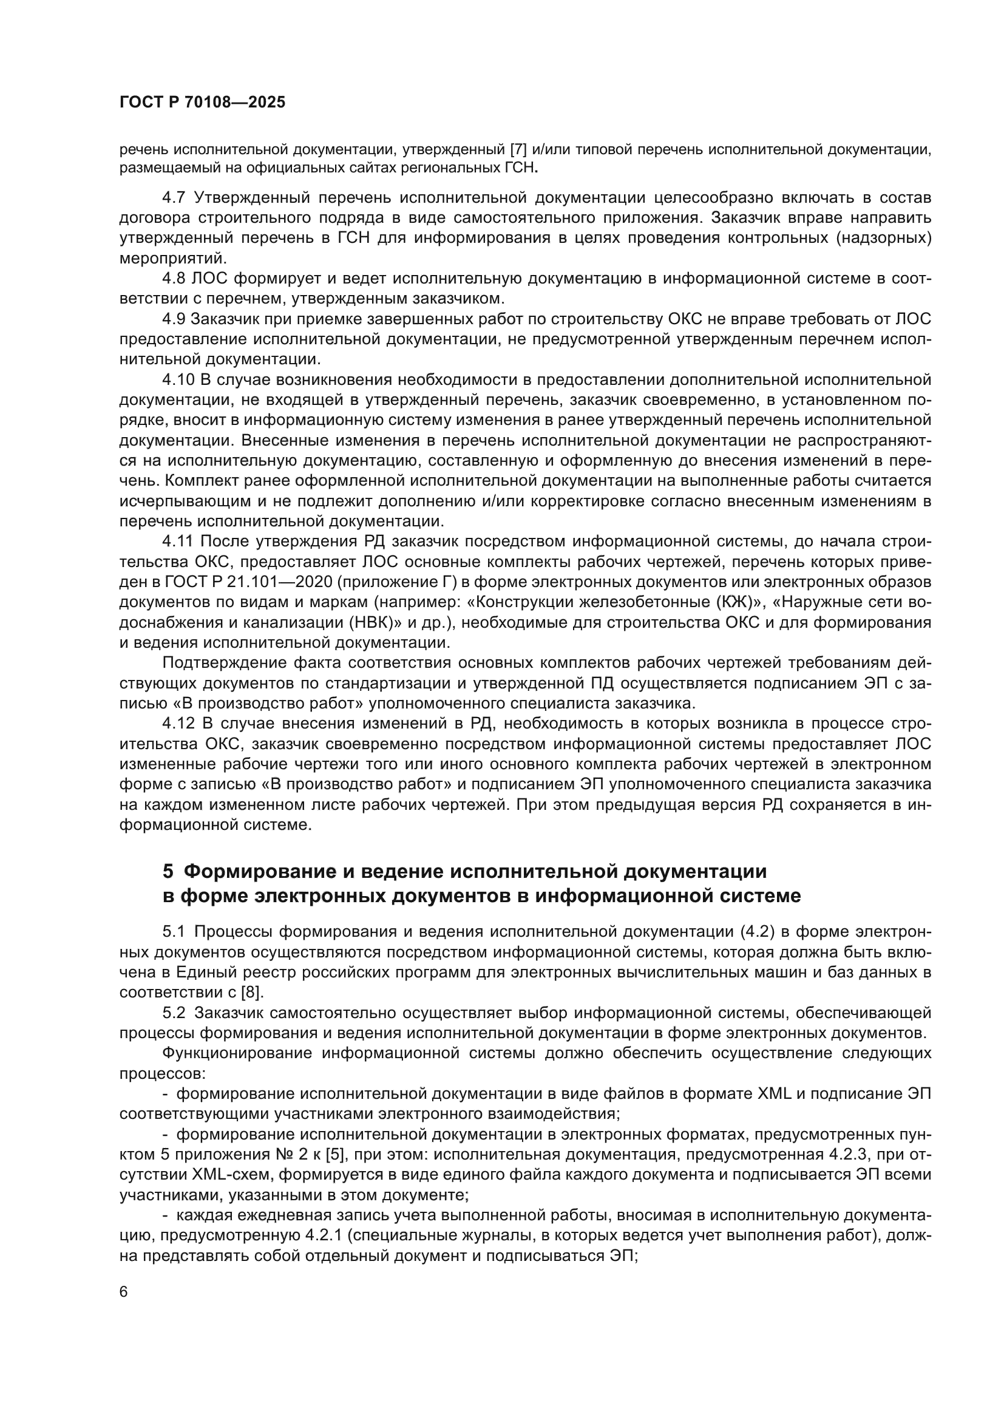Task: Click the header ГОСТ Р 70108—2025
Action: click(x=202, y=103)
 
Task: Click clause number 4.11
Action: click(x=177, y=542)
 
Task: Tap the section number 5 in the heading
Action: click(x=168, y=871)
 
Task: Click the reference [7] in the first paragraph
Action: click(x=518, y=150)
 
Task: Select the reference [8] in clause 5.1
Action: click(x=252, y=993)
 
